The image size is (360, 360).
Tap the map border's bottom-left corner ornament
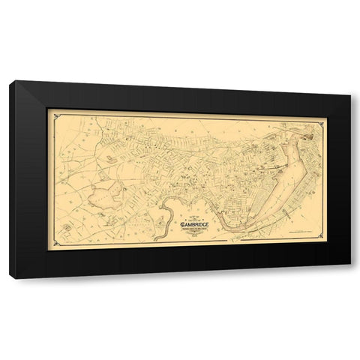[51, 245]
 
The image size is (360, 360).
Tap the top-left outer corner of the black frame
[10, 81]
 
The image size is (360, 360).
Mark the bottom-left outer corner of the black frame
[10, 279]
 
